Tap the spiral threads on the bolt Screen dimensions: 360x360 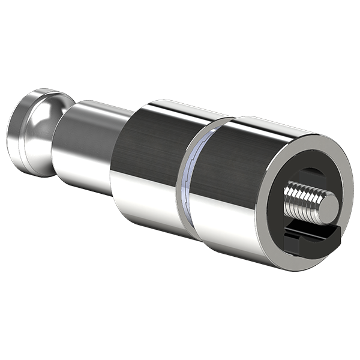(303, 197)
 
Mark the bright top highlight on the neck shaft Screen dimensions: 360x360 (96, 108)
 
